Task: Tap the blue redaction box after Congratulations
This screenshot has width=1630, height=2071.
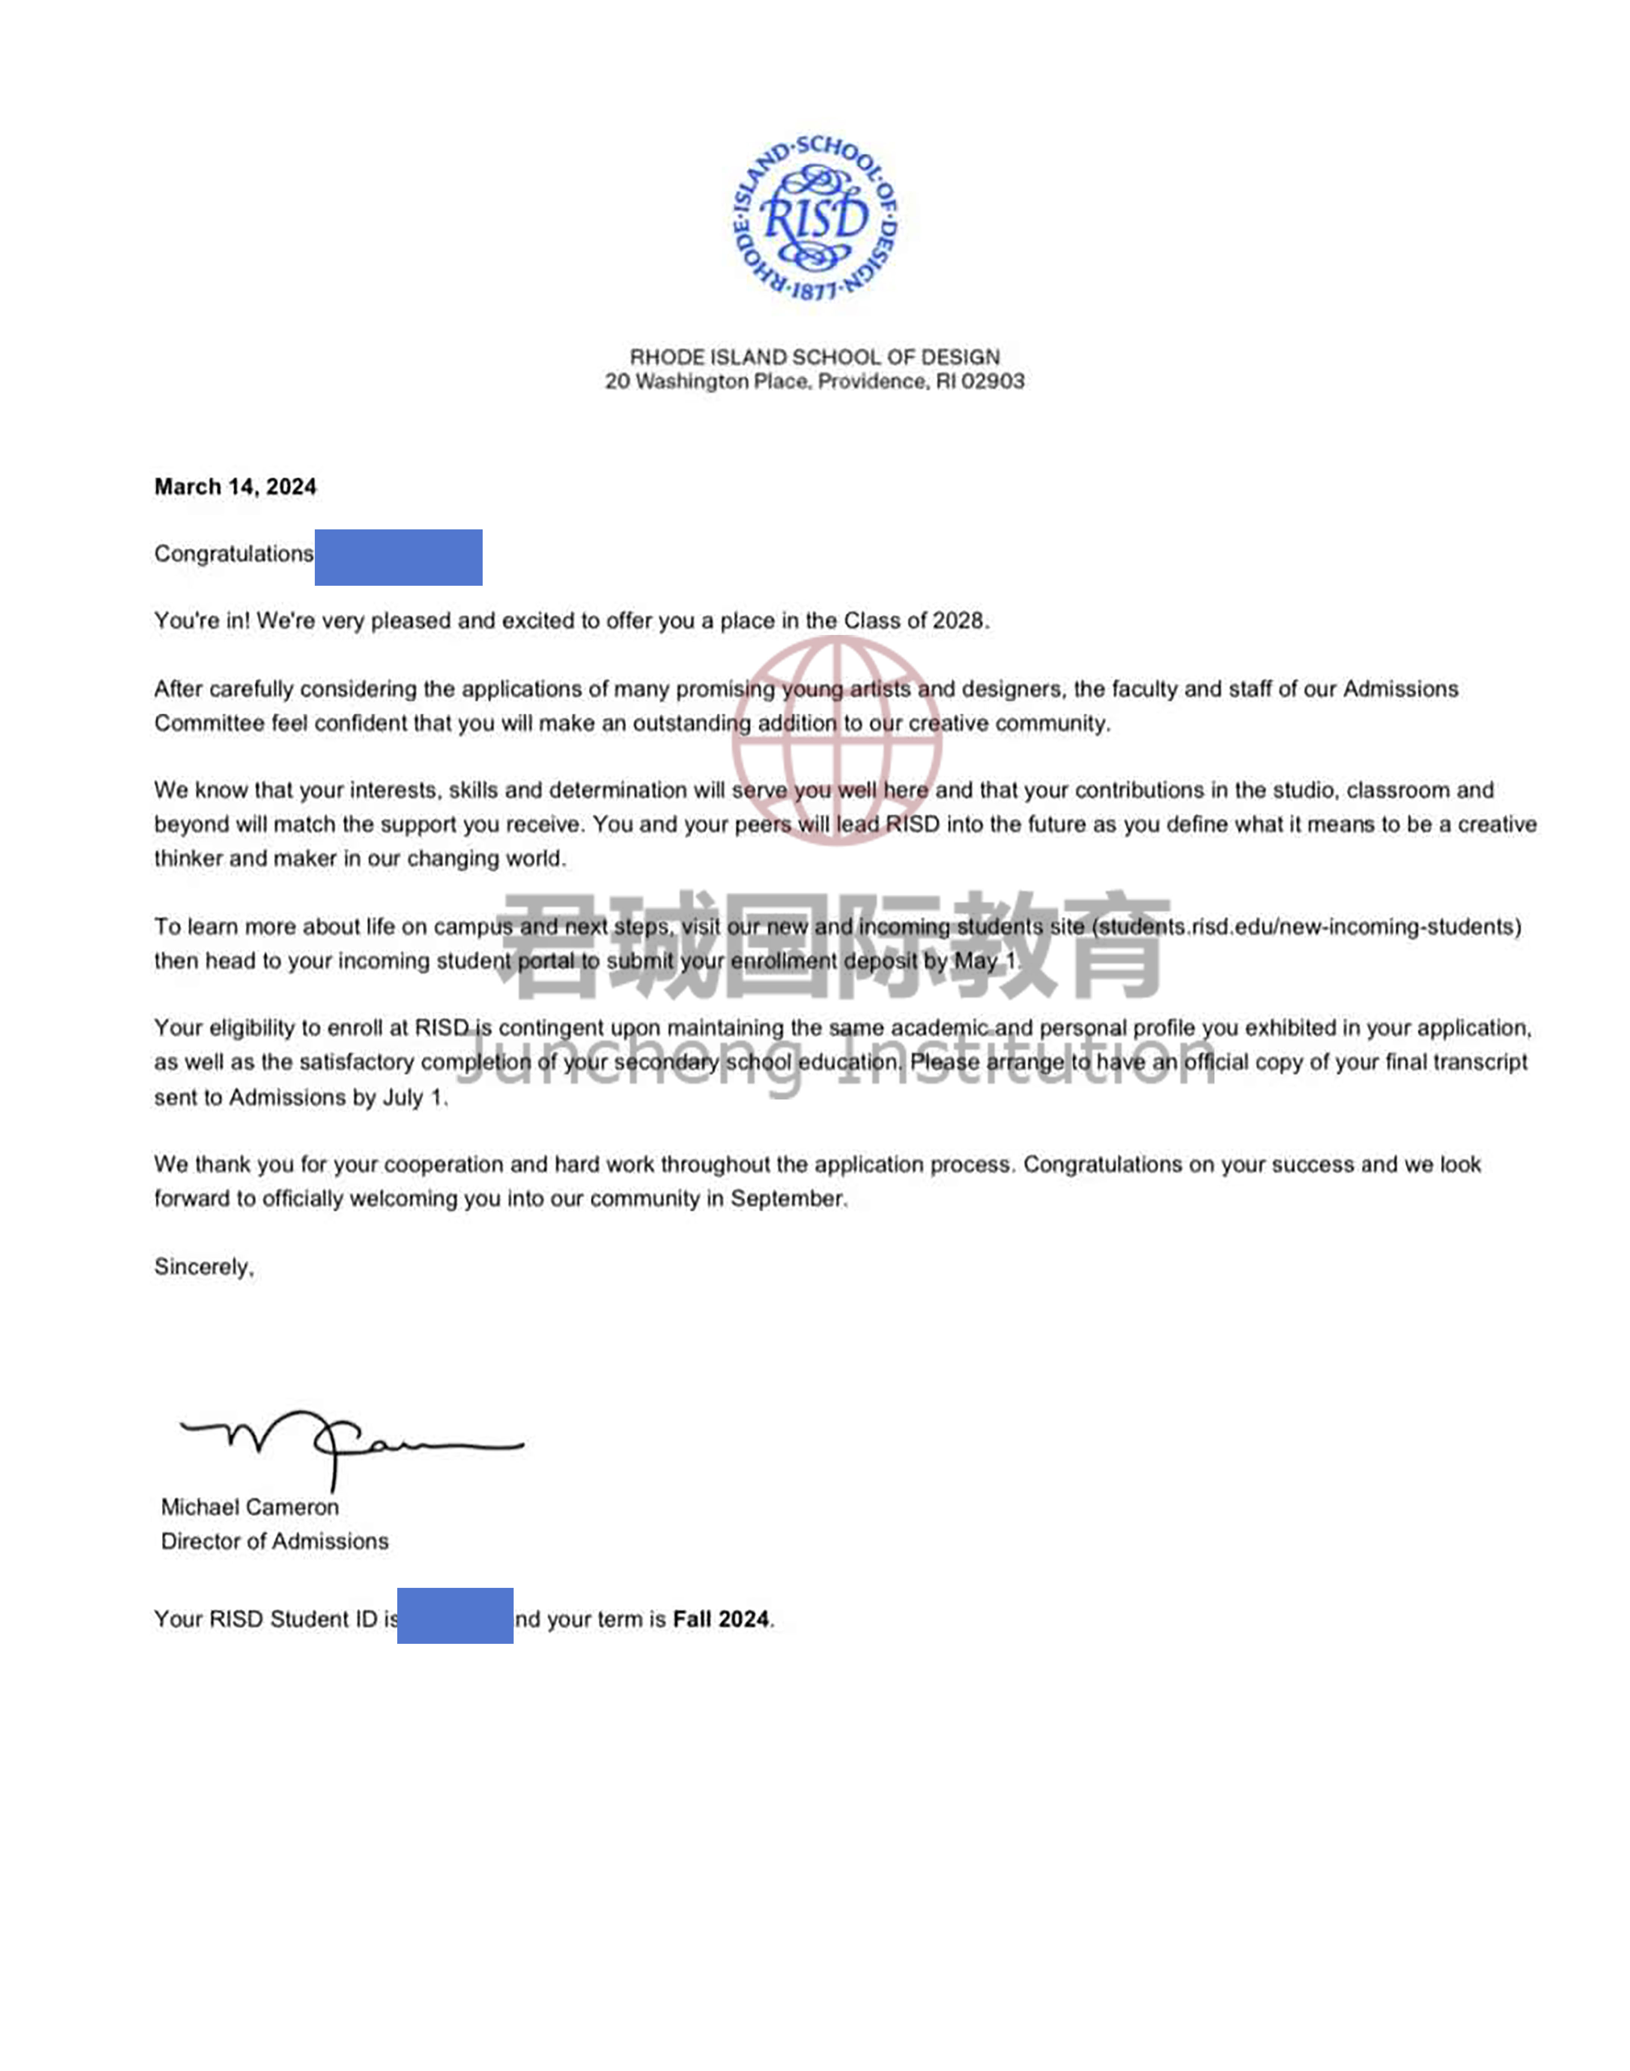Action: pyautogui.click(x=398, y=557)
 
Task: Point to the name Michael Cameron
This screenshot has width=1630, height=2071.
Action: pyautogui.click(x=250, y=1507)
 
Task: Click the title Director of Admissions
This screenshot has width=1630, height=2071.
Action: pyautogui.click(x=275, y=1541)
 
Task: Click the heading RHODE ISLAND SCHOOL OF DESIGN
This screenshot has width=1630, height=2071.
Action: pyautogui.click(x=814, y=357)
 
